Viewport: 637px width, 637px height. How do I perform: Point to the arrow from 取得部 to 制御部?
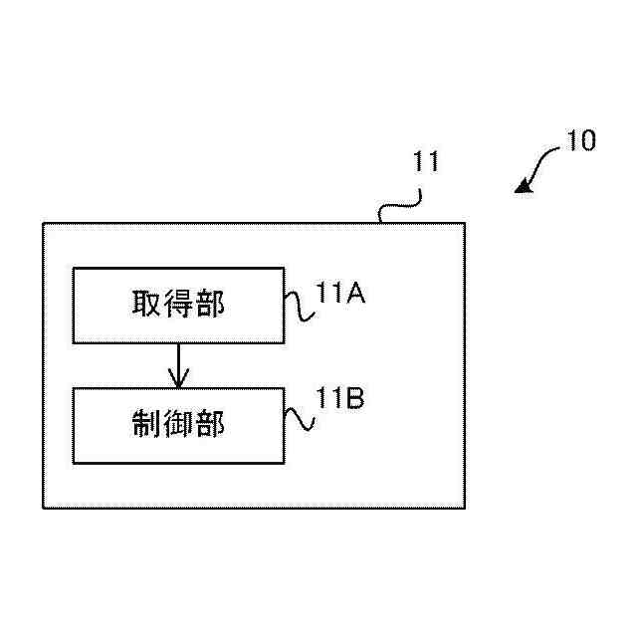tap(178, 366)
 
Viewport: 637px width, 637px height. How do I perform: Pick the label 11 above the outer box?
tap(426, 162)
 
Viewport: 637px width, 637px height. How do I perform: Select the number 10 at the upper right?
tap(580, 141)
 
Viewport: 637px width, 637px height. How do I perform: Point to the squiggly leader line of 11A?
tap(301, 306)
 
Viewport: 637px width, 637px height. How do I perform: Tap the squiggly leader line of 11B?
tap(301, 416)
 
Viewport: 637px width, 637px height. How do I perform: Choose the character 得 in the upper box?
tap(178, 305)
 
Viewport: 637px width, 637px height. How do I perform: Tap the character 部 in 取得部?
tap(210, 305)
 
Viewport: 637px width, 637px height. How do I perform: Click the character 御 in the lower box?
tap(178, 425)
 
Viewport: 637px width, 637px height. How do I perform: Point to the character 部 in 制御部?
tap(210, 425)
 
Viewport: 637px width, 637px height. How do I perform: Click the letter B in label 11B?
tap(355, 399)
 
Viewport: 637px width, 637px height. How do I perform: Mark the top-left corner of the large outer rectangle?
tap(43, 223)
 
